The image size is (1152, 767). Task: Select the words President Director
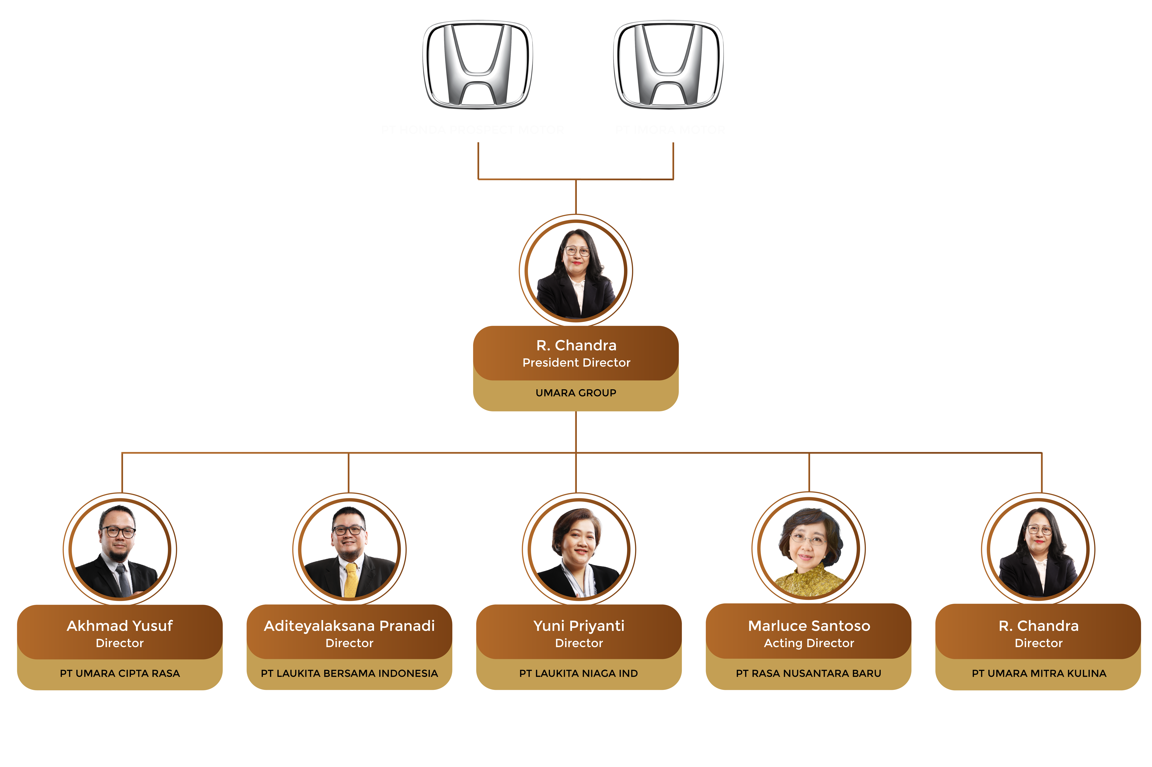(576, 362)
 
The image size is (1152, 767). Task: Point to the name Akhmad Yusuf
(120, 626)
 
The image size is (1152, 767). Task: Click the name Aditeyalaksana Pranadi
(349, 626)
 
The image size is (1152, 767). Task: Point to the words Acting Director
(809, 643)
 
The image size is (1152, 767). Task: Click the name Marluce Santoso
(809, 626)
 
